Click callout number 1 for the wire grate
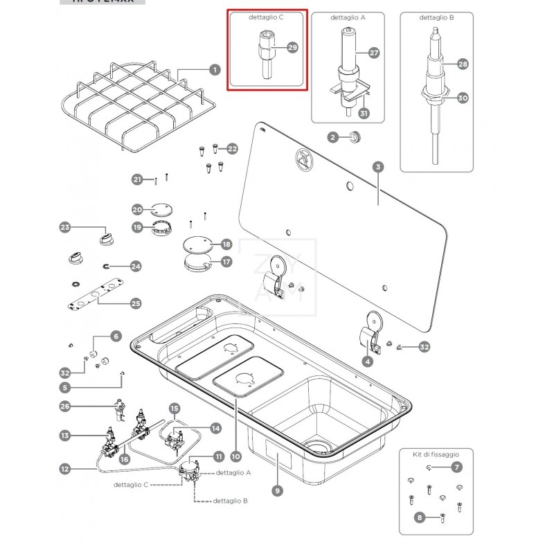(x=214, y=69)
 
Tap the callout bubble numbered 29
(x=292, y=47)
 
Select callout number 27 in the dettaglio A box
(x=374, y=53)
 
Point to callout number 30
(x=463, y=98)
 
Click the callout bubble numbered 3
(x=377, y=167)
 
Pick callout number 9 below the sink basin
(x=277, y=491)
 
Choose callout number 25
(x=136, y=303)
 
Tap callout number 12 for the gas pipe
(x=64, y=469)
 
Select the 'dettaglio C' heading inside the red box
(x=267, y=17)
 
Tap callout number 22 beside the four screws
(x=232, y=148)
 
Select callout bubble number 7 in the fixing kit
(x=457, y=467)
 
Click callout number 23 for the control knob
(x=65, y=227)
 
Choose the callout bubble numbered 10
(x=235, y=456)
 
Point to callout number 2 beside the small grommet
(x=332, y=138)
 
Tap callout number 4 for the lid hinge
(x=368, y=360)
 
